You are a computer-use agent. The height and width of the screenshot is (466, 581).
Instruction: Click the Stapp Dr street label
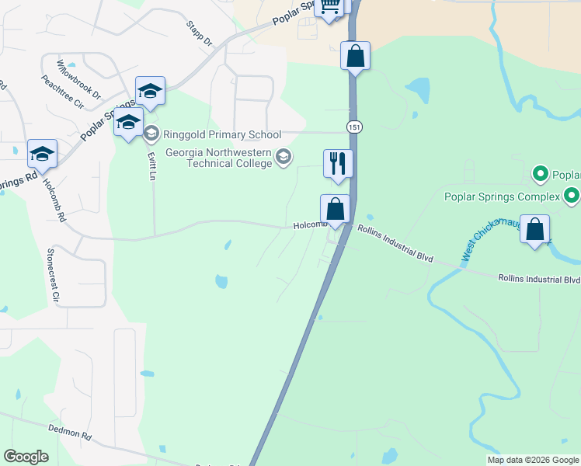(199, 33)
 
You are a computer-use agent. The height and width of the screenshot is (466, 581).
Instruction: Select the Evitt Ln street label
(152, 165)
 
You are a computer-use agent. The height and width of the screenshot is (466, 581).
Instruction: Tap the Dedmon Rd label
(70, 433)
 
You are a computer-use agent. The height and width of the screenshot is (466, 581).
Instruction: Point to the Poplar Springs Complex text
(502, 196)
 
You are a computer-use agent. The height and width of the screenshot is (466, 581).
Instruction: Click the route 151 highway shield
(354, 127)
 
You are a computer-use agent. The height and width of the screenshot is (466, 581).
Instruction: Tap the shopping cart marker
(329, 7)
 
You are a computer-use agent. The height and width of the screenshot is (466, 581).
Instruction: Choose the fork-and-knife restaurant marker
(337, 162)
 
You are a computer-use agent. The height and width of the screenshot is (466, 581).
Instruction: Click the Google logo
(26, 457)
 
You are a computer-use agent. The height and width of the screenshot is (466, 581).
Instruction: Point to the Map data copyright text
(533, 460)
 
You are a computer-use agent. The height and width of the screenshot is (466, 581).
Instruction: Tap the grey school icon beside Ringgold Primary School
(150, 134)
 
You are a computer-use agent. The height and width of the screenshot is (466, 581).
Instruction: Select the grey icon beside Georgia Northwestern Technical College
(284, 158)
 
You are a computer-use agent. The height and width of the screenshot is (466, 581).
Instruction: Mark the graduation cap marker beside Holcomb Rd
(42, 153)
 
